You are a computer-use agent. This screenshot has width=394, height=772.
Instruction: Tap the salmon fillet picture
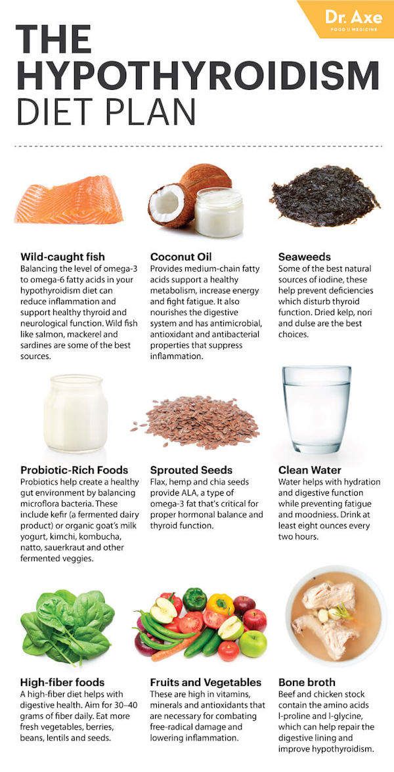tap(68, 200)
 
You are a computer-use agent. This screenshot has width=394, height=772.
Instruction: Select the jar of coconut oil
tap(219, 211)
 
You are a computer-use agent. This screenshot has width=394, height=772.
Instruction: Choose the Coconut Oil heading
tap(181, 257)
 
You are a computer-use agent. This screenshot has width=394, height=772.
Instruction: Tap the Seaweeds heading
tap(305, 257)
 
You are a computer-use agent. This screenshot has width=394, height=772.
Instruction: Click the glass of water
tap(317, 409)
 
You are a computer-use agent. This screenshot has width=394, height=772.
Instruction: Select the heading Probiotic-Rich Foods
tap(74, 470)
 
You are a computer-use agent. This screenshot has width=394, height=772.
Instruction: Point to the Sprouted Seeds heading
tap(191, 470)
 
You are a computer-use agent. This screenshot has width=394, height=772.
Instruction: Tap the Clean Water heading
tap(309, 470)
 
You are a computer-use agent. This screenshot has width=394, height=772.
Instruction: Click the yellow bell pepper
tap(219, 604)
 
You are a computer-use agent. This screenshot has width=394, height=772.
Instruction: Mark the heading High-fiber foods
tap(62, 683)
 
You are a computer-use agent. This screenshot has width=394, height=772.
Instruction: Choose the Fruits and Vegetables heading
tap(206, 683)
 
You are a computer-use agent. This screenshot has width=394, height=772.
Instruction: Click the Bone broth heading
tap(307, 683)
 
